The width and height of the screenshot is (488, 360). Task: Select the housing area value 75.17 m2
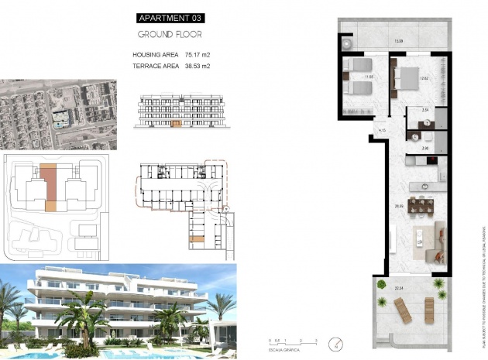click(x=198, y=55)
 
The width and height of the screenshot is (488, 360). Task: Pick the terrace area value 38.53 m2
click(x=198, y=67)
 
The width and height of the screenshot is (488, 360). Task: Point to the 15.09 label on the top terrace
click(x=398, y=41)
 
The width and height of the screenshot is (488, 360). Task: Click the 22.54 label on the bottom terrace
click(x=398, y=289)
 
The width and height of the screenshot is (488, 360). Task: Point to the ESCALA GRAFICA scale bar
click(x=293, y=341)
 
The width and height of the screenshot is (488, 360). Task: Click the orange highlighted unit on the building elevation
click(x=176, y=122)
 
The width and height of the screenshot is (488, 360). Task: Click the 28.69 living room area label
click(x=398, y=206)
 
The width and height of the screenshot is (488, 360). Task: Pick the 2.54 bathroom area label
click(x=424, y=111)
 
